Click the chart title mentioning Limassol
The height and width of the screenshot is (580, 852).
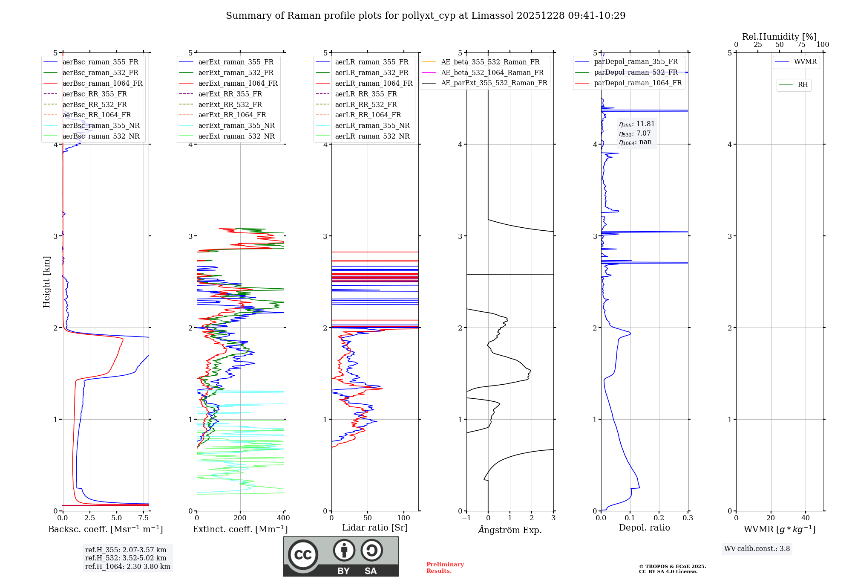(426, 16)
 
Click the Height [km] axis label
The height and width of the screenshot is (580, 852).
(46, 282)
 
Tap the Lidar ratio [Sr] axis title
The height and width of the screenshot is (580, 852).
(375, 528)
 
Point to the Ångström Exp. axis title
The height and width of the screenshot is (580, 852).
(510, 530)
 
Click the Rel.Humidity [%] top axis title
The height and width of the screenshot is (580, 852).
(779, 37)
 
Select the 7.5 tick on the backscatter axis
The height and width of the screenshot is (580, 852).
(144, 518)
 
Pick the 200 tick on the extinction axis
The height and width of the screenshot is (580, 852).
(240, 518)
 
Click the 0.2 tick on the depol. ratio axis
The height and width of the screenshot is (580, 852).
(659, 518)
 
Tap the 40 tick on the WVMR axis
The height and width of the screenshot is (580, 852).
(805, 518)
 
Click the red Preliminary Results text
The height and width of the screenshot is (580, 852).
(445, 568)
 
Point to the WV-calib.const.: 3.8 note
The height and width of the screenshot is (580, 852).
(757, 549)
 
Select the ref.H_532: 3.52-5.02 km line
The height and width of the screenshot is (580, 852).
(126, 558)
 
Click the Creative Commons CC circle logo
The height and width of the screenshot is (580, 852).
(303, 554)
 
